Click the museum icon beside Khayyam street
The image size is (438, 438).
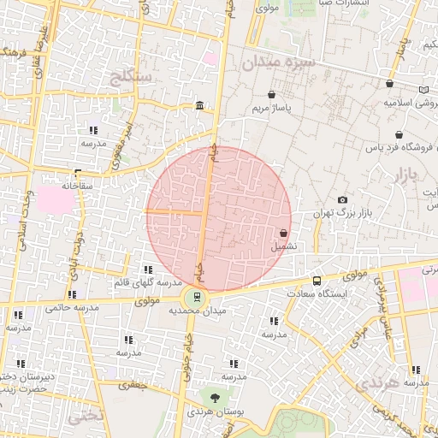tap(199, 105)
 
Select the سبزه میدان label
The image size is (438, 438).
tap(278, 62)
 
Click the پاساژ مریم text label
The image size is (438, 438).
tap(272, 109)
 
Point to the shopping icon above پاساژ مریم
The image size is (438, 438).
tap(271, 95)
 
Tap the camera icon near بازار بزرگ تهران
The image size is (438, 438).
tap(343, 199)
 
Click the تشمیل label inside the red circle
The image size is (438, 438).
tap(285, 246)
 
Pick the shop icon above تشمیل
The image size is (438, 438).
tap(283, 233)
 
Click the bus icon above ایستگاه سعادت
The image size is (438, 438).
tap(317, 281)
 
